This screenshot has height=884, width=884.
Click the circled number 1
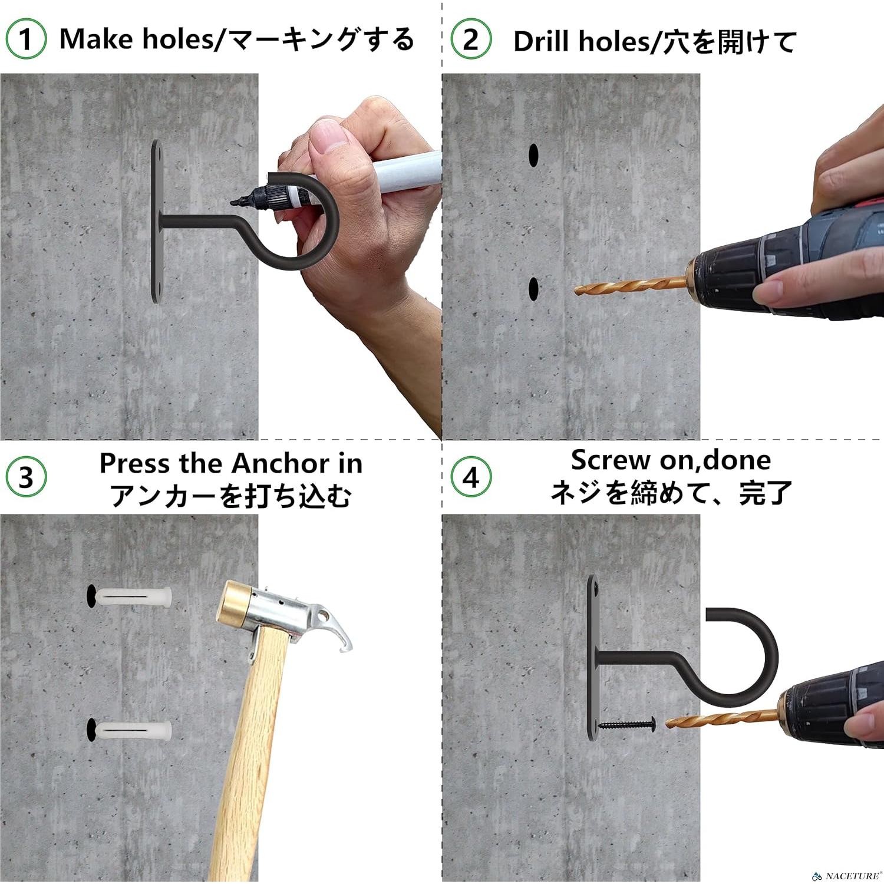point(26,39)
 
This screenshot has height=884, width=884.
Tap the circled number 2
point(471,39)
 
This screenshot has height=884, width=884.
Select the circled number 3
point(26,477)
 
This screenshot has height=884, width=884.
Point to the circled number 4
point(471,477)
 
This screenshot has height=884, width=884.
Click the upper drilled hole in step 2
point(533,154)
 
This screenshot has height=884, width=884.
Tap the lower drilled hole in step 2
point(533,288)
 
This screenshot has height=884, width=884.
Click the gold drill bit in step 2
point(631,286)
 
